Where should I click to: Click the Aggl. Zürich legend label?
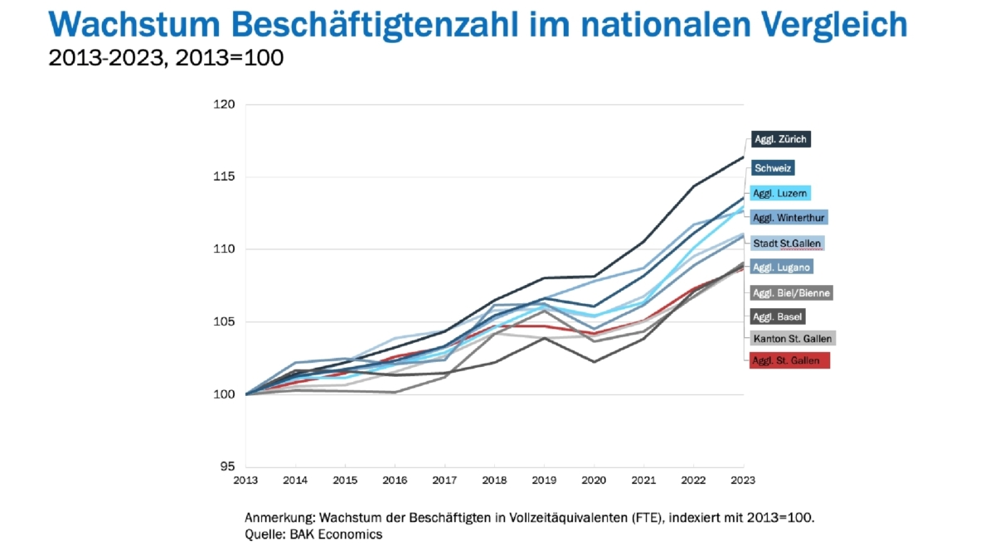(779, 139)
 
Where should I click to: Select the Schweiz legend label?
(773, 168)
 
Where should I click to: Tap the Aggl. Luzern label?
(779, 193)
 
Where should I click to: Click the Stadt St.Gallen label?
(787, 244)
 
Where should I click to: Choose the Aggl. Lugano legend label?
(780, 267)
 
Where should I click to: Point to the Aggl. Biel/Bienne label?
(791, 292)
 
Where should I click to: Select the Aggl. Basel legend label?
(777, 316)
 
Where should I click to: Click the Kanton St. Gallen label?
(791, 338)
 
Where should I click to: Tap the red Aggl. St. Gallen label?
(789, 360)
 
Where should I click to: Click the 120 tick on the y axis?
(226, 105)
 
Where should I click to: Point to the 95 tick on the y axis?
(229, 466)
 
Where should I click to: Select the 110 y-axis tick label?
(226, 249)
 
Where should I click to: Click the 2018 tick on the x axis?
(494, 480)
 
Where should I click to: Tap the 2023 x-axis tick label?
(743, 480)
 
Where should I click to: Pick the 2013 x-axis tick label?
(245, 480)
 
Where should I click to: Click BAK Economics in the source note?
(335, 535)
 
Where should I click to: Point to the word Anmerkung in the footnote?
(279, 518)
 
